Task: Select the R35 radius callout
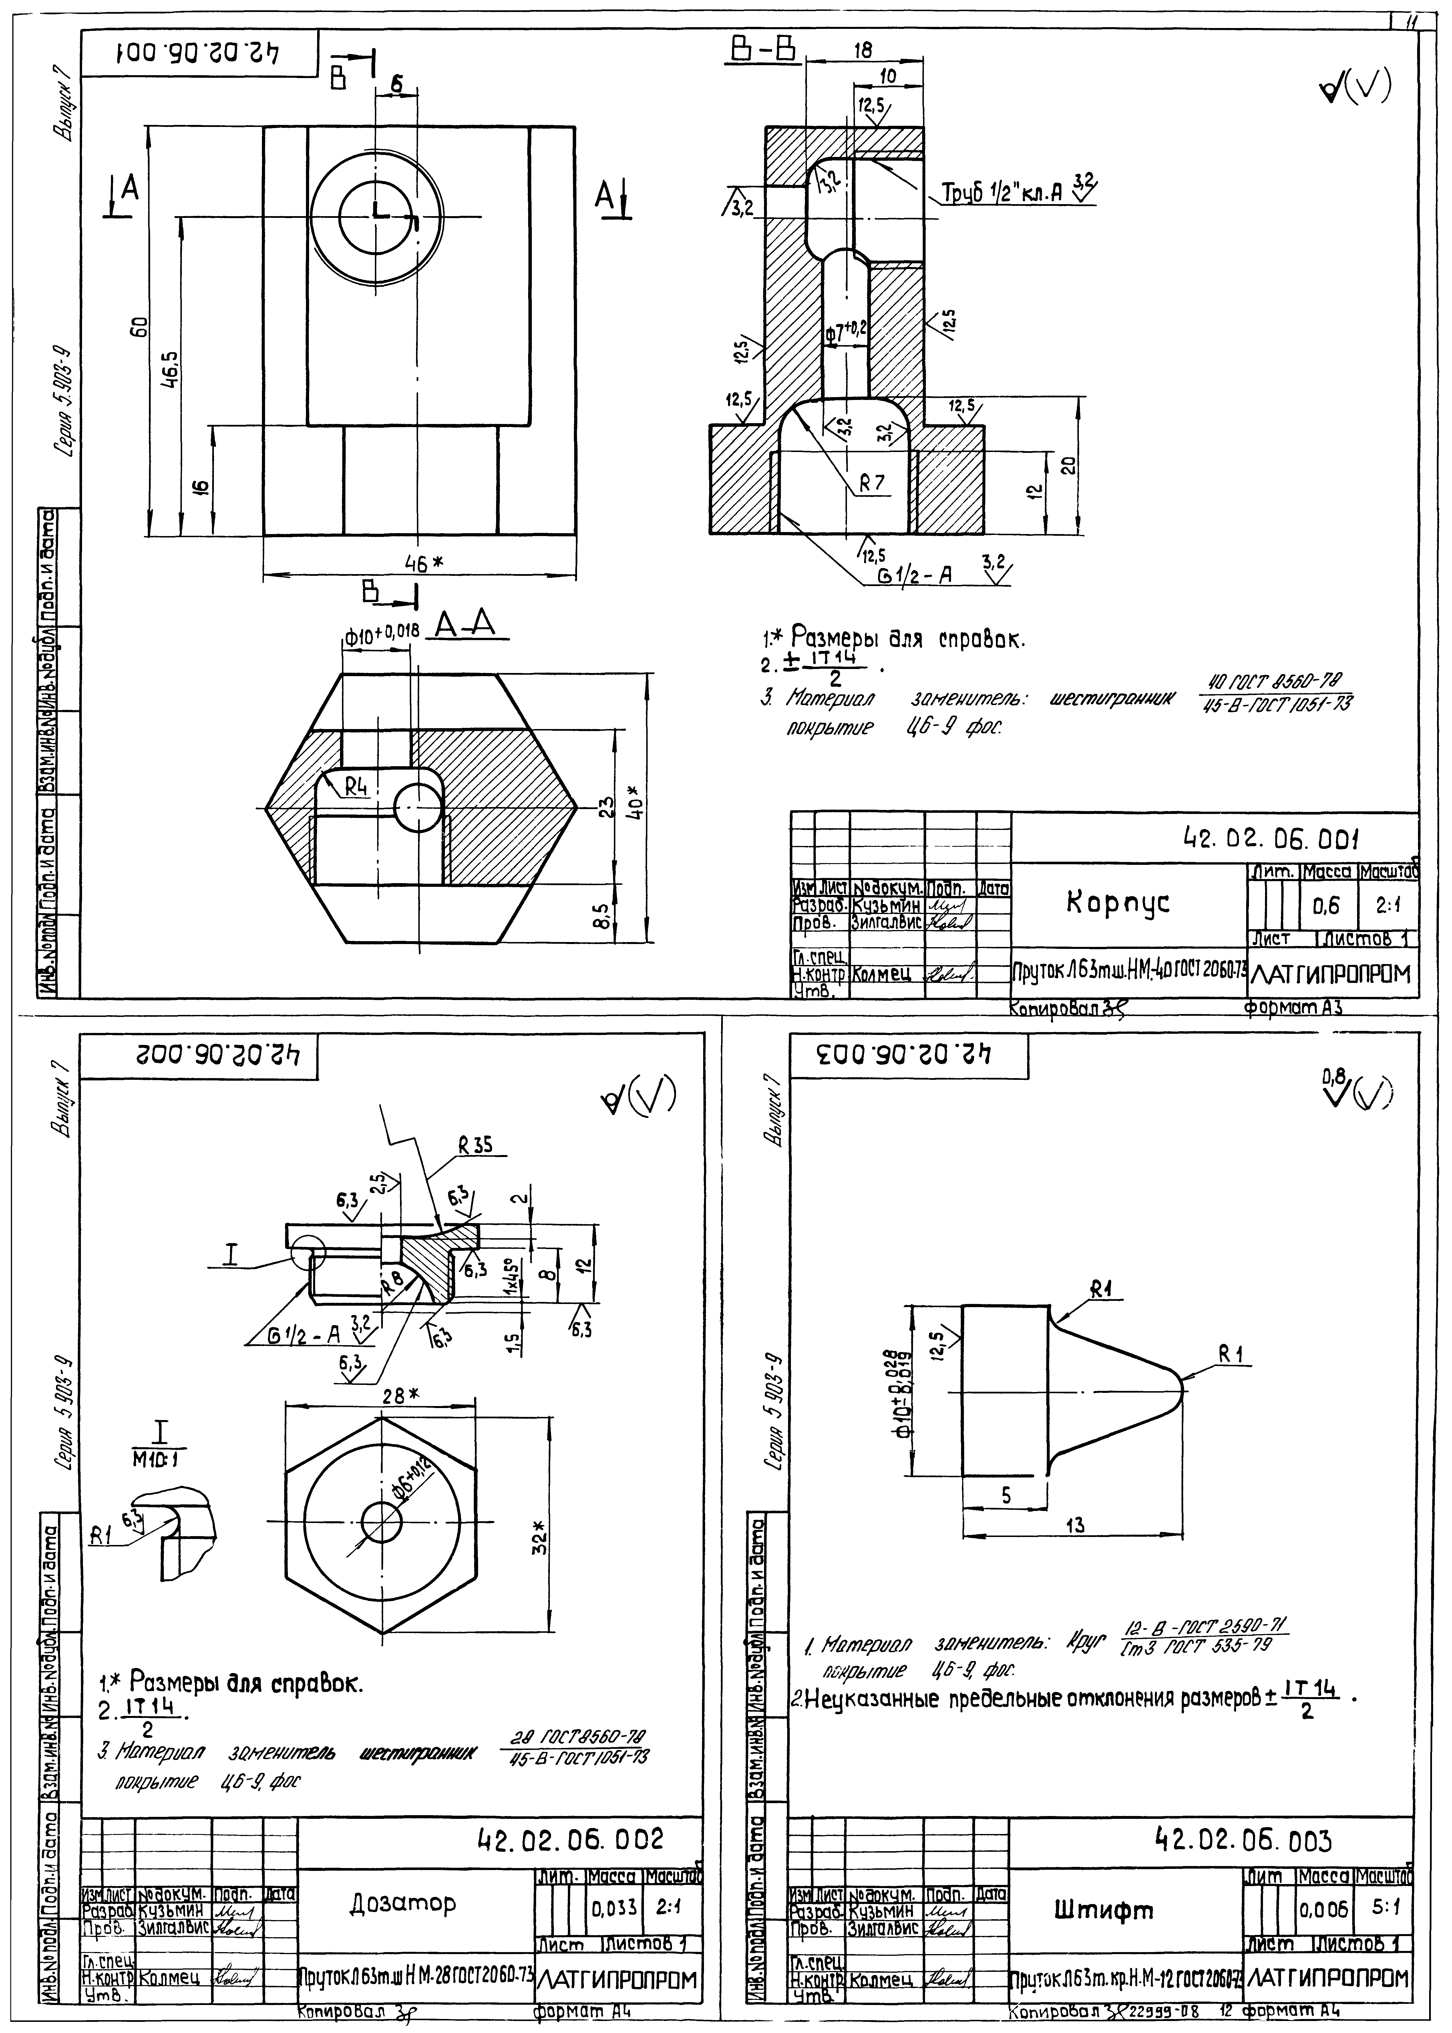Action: click(x=476, y=1145)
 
